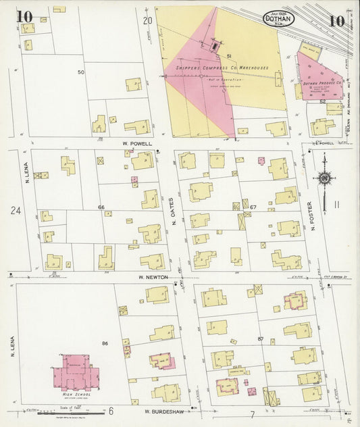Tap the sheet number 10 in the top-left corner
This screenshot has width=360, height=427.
point(24,16)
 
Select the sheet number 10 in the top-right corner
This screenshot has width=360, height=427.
point(336,19)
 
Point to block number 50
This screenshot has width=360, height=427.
point(80,72)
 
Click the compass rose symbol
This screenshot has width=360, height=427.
point(325,178)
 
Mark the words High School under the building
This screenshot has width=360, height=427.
point(76,395)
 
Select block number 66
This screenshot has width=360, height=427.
point(101,206)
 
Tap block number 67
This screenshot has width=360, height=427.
point(254,207)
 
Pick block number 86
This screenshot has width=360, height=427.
point(105,344)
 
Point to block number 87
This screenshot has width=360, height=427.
point(260,338)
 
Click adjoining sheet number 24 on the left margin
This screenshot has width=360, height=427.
point(16,211)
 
